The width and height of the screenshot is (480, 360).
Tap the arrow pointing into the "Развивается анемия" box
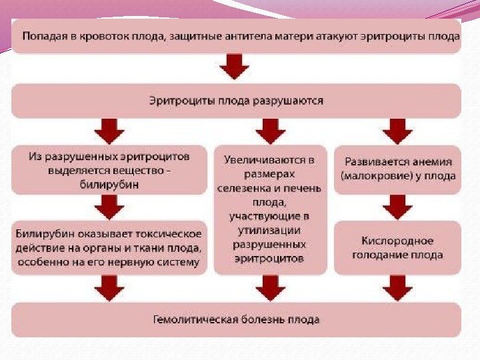tap(399, 131)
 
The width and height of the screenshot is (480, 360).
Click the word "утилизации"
tap(270, 229)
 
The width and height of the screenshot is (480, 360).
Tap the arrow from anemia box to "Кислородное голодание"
tap(399, 207)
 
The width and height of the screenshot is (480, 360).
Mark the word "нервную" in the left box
tap(130, 263)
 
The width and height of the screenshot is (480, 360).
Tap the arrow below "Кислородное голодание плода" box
tap(399, 288)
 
